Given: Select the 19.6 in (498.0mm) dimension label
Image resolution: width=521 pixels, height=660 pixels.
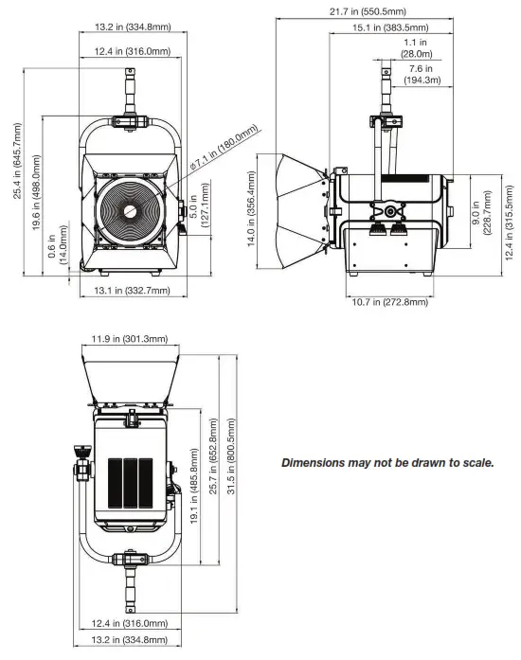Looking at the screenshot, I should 38,179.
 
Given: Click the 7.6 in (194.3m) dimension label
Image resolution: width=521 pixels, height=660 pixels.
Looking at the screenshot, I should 422,74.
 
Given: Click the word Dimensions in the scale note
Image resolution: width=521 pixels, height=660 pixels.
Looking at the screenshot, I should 318,464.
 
